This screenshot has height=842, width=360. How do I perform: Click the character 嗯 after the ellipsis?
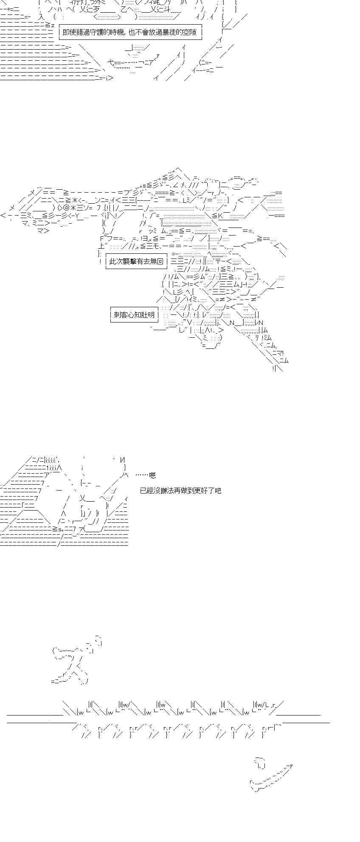pyautogui.click(x=152, y=476)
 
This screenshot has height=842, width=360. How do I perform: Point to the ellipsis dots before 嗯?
pyautogui.click(x=142, y=476)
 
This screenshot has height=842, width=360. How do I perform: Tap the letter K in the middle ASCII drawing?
pyautogui.click(x=220, y=216)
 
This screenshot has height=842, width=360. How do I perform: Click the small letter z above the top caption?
pyautogui.click(x=52, y=25)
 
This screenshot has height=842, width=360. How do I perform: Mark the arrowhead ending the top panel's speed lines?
pyautogui.click(x=111, y=78)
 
